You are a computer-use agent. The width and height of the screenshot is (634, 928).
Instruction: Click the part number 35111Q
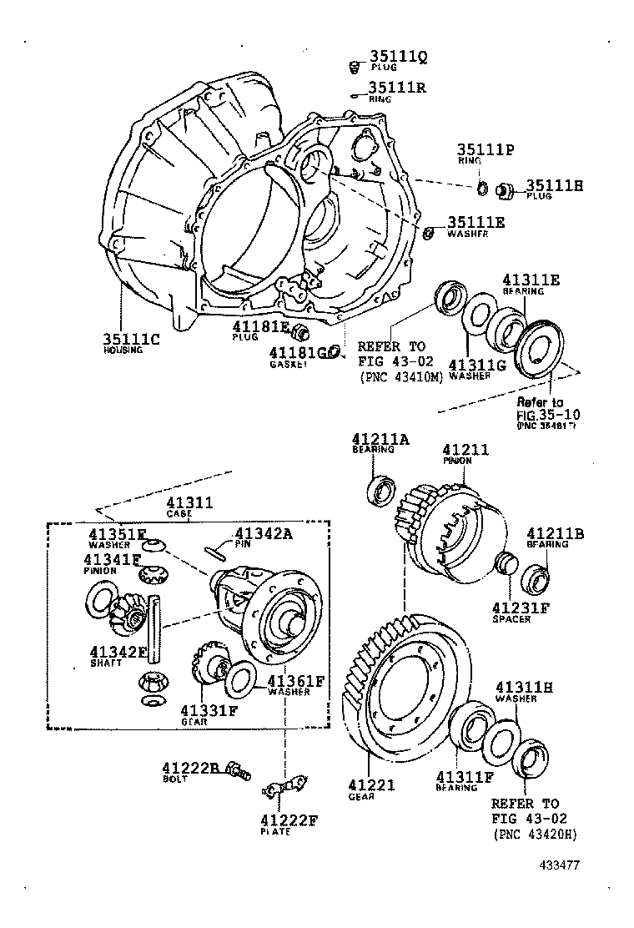point(398,57)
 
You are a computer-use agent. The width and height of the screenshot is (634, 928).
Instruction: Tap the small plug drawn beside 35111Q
point(354,66)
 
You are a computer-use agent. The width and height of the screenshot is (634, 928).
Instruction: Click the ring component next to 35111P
point(483,186)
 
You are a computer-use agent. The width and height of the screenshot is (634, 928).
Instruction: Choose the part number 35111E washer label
point(476,223)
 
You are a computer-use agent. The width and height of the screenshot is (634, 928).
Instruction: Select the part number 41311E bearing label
point(531,280)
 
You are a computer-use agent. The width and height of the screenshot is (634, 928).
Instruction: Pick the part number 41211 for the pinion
point(465,449)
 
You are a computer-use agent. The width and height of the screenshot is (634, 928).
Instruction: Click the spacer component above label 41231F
point(503,562)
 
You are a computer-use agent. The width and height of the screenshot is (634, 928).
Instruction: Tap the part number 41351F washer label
point(118,534)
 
